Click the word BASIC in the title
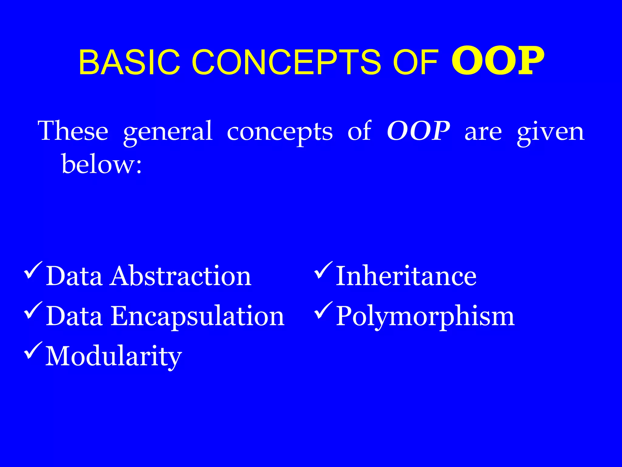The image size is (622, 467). (129, 62)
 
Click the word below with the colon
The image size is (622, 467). (101, 164)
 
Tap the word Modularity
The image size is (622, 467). (114, 356)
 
